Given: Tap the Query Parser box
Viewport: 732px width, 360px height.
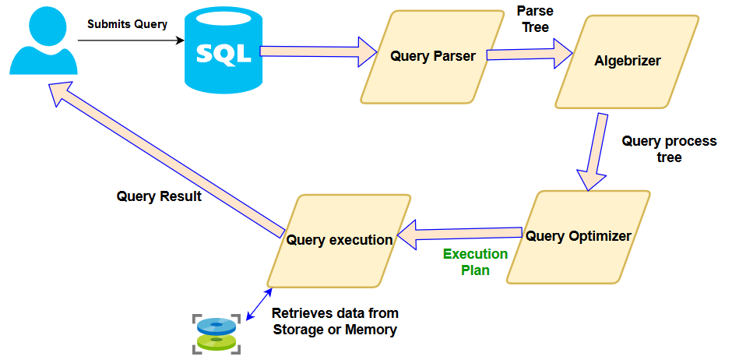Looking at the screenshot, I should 432,56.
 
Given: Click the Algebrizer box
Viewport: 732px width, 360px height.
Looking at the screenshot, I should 627,61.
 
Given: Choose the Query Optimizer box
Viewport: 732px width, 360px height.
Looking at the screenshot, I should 579,236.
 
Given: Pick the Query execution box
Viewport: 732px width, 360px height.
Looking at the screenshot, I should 339,240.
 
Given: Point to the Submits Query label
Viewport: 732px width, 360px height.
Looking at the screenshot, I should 127,24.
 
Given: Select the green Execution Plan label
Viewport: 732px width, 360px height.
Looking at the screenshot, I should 475,262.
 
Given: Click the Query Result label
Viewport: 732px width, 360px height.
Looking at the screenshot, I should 159,196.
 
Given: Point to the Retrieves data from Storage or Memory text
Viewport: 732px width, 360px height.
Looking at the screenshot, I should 335,321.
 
